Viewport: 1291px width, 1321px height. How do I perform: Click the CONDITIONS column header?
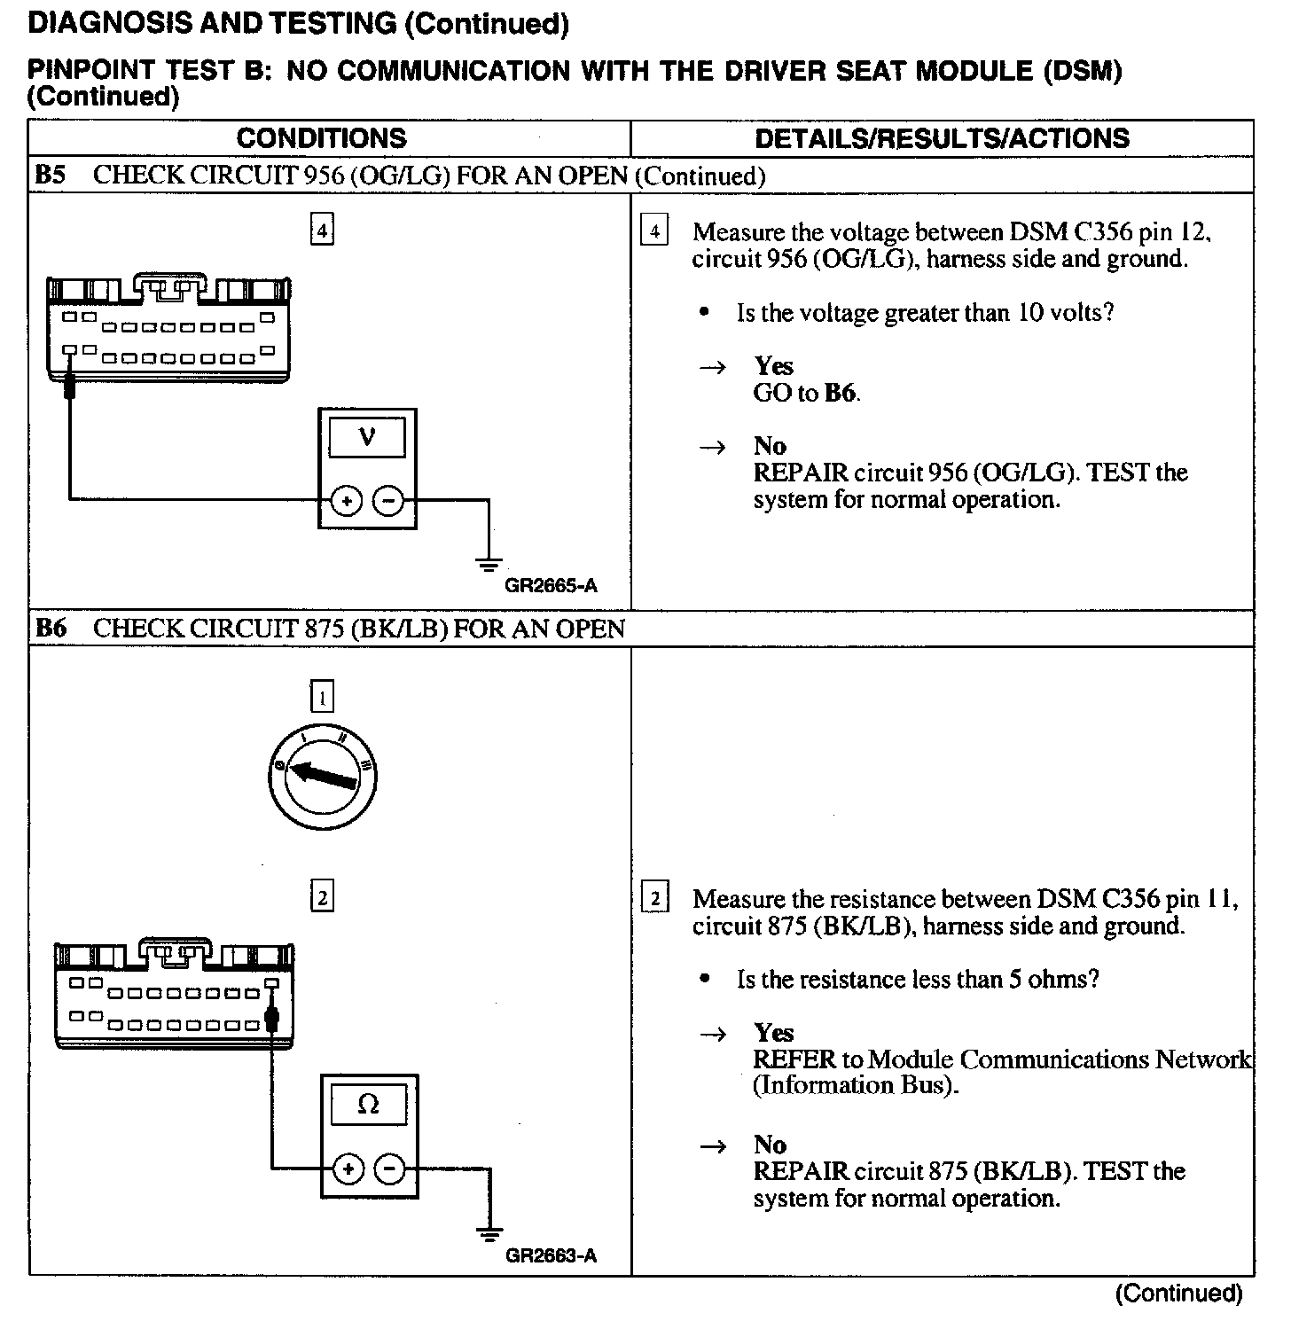click(x=321, y=138)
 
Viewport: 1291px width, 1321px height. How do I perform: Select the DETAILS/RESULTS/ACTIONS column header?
click(x=942, y=138)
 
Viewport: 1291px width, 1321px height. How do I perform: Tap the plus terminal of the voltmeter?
click(x=347, y=502)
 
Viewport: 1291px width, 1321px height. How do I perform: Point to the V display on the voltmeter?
click(x=367, y=437)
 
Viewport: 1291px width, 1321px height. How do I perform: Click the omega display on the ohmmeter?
click(x=368, y=1105)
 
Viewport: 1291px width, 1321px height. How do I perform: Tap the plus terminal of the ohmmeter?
click(x=348, y=1169)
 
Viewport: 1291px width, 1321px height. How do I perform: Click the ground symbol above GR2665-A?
click(x=489, y=564)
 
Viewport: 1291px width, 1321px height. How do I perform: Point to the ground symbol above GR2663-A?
click(x=489, y=1232)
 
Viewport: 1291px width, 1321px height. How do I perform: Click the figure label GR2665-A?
click(x=551, y=586)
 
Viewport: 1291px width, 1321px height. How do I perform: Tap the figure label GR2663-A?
click(x=551, y=1255)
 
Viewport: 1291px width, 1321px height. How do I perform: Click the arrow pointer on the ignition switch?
click(x=324, y=774)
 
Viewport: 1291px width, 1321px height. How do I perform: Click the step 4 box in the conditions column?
click(x=322, y=231)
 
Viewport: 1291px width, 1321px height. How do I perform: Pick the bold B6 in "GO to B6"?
click(x=841, y=393)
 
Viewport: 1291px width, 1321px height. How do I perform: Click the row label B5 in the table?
click(x=51, y=176)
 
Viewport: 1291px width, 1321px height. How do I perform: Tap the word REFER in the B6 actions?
click(x=794, y=1059)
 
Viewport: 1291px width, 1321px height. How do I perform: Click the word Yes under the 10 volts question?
click(x=773, y=366)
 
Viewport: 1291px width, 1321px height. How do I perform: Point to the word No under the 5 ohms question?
click(x=770, y=1145)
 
